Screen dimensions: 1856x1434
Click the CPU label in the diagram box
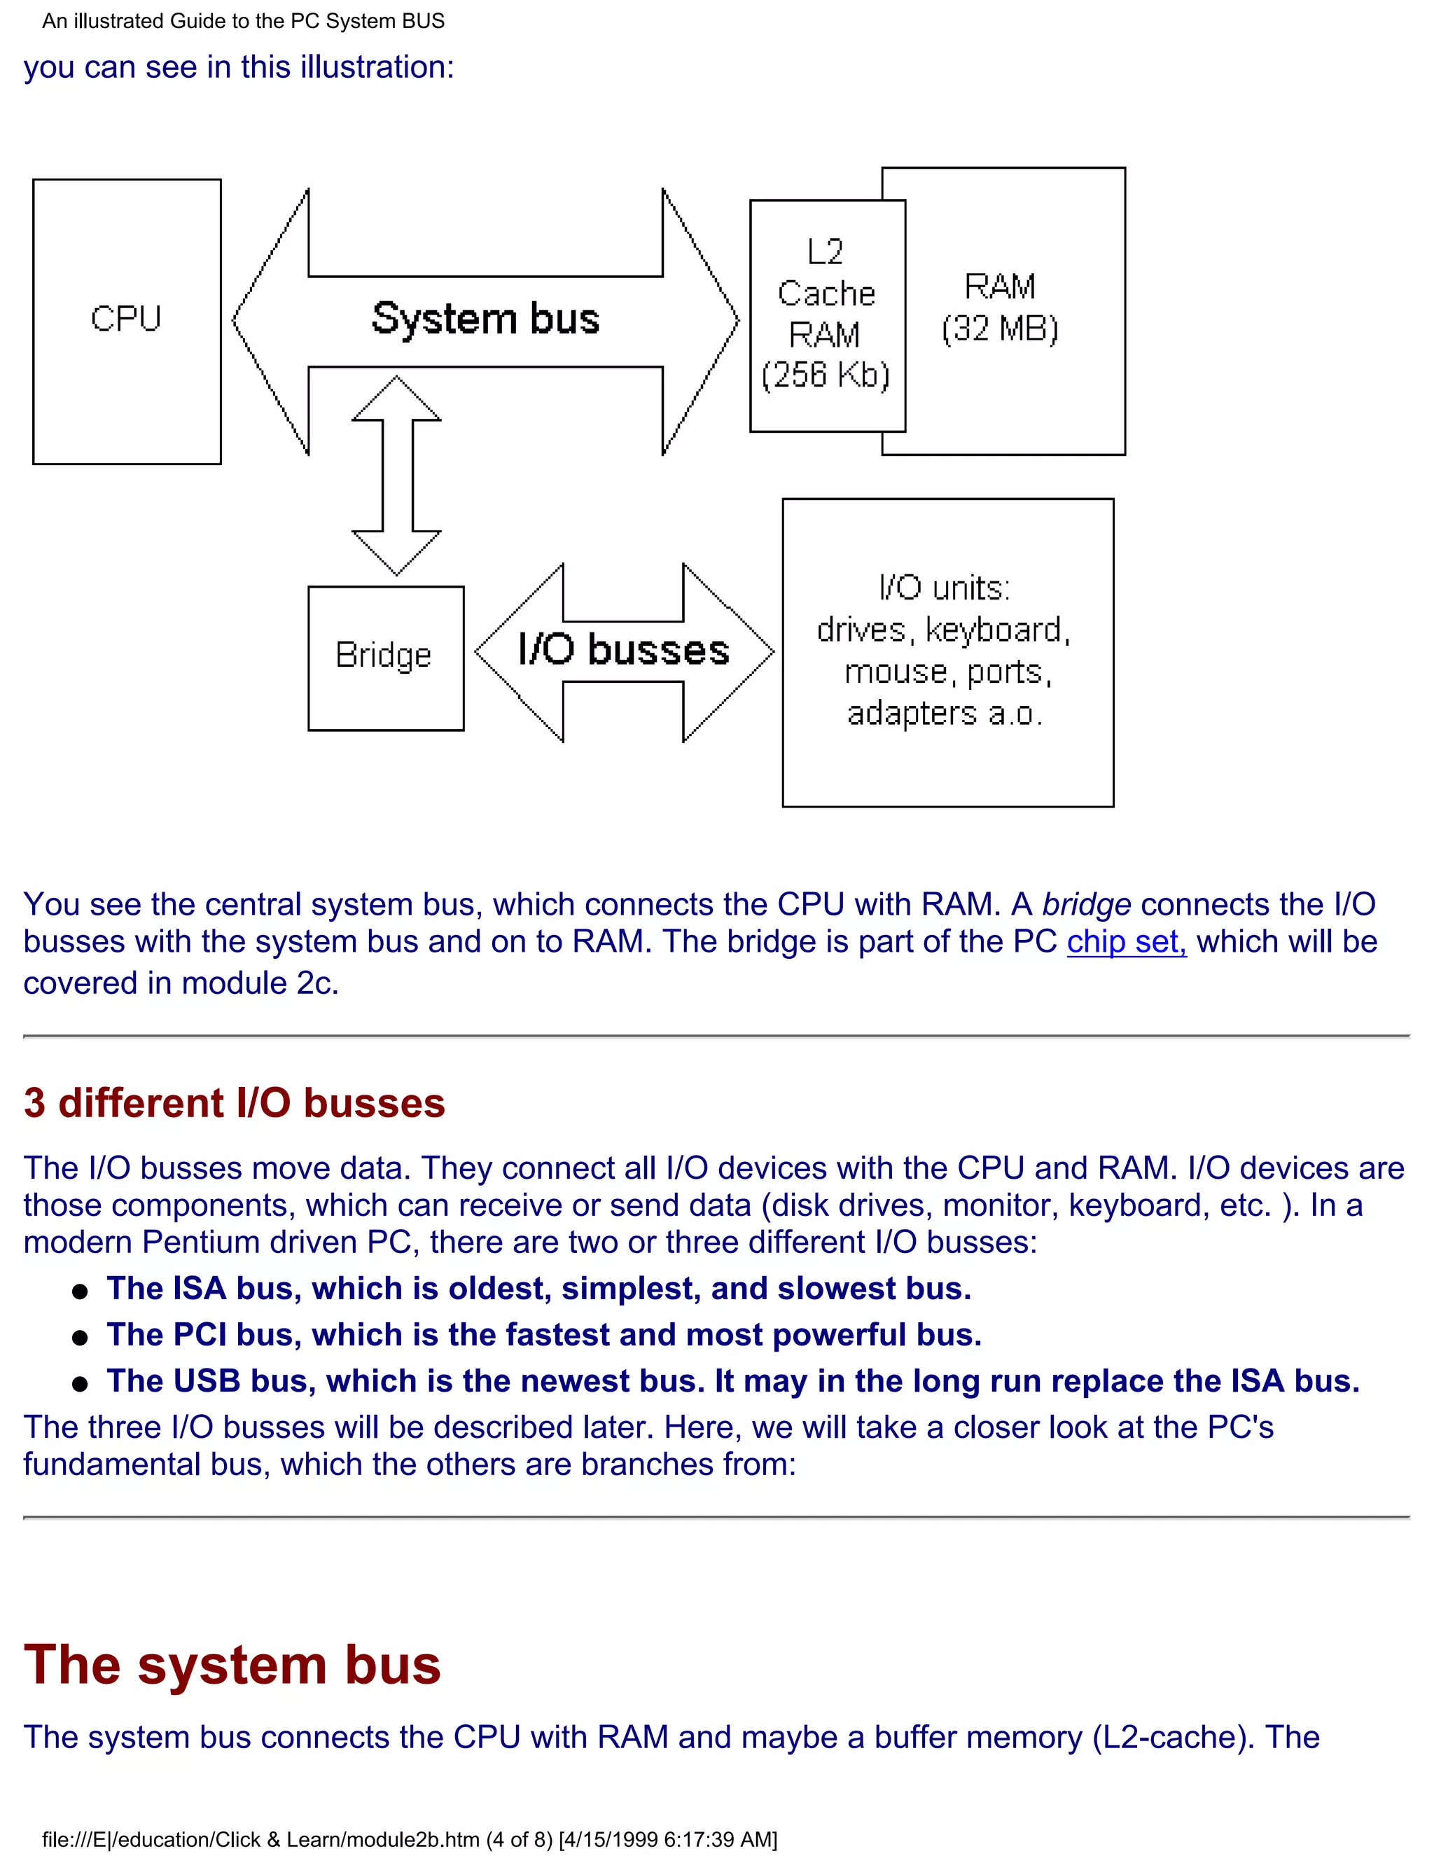click(126, 319)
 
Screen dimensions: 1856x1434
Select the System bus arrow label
click(485, 319)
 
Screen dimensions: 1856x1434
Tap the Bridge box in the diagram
click(385, 656)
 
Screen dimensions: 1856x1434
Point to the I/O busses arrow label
click(624, 650)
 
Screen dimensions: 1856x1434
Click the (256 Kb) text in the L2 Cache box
click(826, 375)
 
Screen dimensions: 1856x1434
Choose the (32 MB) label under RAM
click(1000, 329)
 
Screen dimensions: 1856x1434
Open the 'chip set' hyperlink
click(1127, 941)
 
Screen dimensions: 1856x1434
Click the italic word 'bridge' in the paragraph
click(1087, 904)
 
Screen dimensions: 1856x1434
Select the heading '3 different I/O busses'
click(235, 1103)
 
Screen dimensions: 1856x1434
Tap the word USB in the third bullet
click(207, 1381)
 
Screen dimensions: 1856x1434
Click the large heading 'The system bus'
click(232, 1665)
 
